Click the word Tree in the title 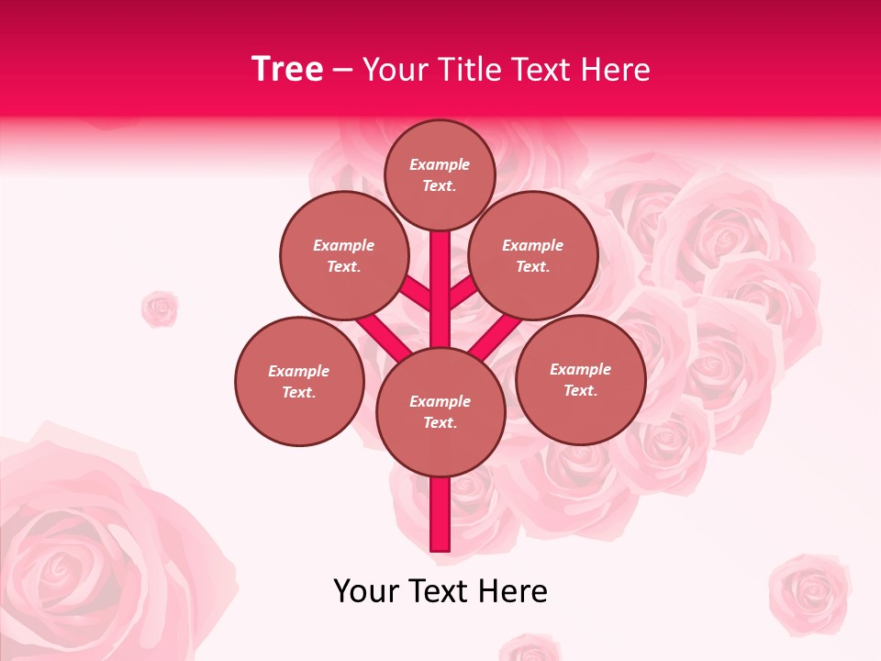[x=287, y=70]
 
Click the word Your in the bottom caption [x=366, y=591]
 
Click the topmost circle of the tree [x=440, y=174]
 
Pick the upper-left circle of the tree [x=343, y=255]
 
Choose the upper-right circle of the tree [x=532, y=255]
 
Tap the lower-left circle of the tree [x=299, y=381]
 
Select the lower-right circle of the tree [x=580, y=379]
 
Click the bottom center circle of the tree [x=440, y=411]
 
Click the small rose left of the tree [x=160, y=308]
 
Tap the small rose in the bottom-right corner [x=809, y=593]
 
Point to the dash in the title [x=342, y=71]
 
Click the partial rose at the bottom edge [x=530, y=649]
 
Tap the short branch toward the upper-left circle [x=415, y=293]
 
